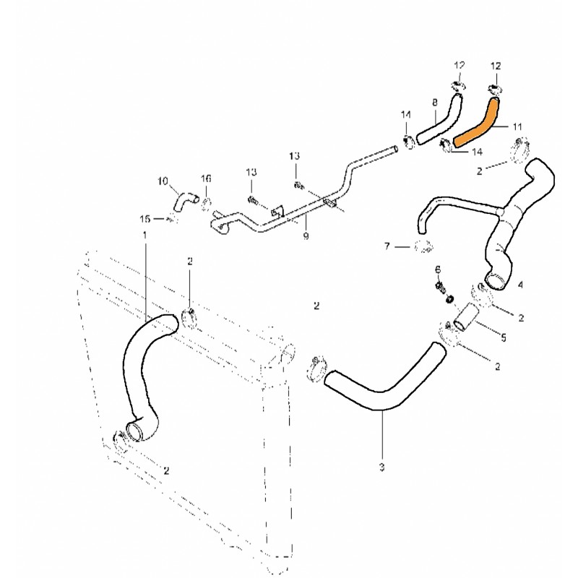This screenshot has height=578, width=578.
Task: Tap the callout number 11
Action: [x=517, y=127]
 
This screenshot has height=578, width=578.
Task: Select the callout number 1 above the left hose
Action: [x=144, y=236]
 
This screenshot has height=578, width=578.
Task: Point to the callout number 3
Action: [x=381, y=467]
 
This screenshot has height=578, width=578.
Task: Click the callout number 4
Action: [x=521, y=285]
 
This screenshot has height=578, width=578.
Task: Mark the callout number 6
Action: [x=438, y=269]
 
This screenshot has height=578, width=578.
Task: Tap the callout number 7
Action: [x=387, y=247]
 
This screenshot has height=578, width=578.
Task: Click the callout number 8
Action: [x=434, y=103]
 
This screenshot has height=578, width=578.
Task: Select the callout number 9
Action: [x=306, y=236]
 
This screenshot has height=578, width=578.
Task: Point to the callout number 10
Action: [x=162, y=181]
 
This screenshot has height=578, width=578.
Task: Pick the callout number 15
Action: [x=144, y=217]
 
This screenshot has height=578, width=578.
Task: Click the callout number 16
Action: [x=206, y=178]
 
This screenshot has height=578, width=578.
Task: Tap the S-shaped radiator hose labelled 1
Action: [x=141, y=368]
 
